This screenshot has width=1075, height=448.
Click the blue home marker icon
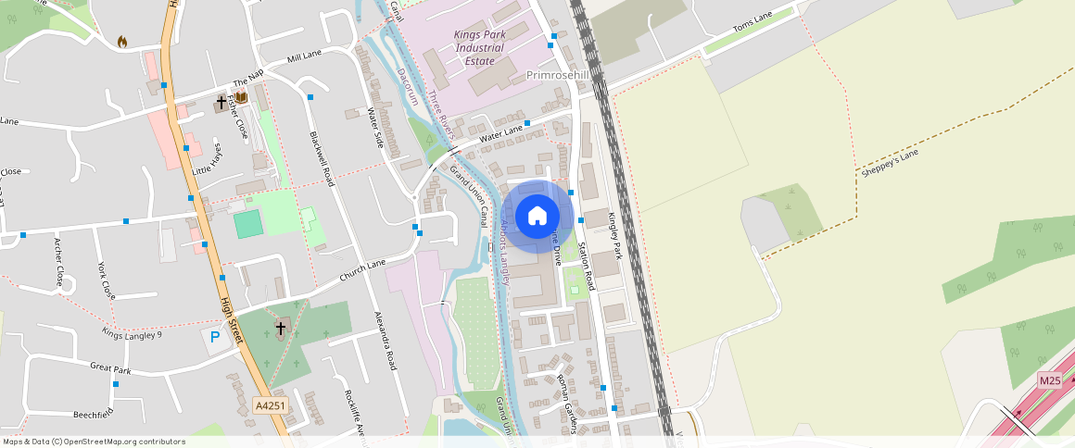(537, 217)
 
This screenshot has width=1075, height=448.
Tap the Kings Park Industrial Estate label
(479, 48)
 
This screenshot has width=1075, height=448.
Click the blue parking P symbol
(215, 338)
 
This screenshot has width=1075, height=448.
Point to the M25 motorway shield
(1049, 380)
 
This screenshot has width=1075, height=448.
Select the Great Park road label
(110, 367)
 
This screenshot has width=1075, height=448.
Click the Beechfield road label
(93, 412)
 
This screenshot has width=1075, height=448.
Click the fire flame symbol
(122, 42)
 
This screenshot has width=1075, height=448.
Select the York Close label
(107, 276)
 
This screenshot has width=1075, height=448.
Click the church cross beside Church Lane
(280, 327)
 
